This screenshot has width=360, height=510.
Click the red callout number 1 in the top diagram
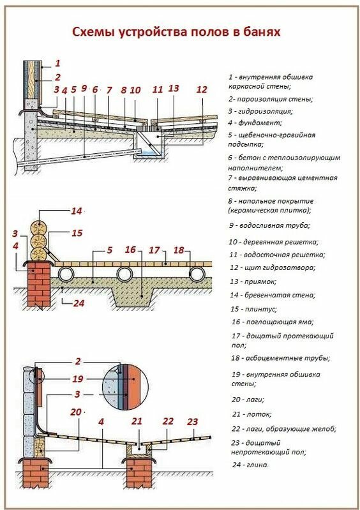(x=57, y=63)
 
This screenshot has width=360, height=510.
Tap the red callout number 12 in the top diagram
(x=201, y=90)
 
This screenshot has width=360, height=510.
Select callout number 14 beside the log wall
(x=77, y=211)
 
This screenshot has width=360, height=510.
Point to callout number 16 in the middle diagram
(x=130, y=250)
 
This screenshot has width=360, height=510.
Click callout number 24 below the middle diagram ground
(x=79, y=303)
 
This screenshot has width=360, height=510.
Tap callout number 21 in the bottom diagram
(x=137, y=421)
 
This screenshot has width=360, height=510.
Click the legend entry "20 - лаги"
(x=248, y=399)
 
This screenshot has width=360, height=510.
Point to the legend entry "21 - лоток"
(x=250, y=414)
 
